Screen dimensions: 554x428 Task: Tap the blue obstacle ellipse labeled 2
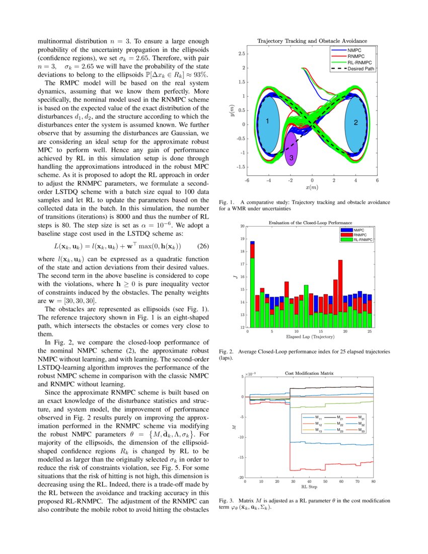tap(355, 123)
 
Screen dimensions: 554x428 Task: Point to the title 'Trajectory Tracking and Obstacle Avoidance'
tap(312, 40)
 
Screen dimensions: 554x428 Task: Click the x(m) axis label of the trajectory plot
tap(312, 187)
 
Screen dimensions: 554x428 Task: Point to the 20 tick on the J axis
tap(242, 226)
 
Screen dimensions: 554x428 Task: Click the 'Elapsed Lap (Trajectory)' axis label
tap(309, 336)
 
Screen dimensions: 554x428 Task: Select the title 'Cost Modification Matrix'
tap(309, 373)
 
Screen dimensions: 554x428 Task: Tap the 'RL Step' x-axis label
tap(309, 487)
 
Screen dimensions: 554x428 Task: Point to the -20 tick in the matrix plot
tap(240, 477)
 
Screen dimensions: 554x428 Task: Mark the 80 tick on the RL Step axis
tap(373, 482)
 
